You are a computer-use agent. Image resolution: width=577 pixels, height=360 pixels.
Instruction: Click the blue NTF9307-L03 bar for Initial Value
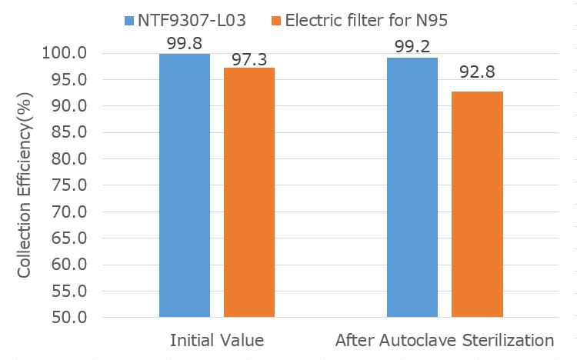(185, 185)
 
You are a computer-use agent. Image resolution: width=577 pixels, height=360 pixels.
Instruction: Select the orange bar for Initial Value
(249, 192)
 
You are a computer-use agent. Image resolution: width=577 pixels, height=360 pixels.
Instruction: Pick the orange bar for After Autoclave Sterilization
(477, 204)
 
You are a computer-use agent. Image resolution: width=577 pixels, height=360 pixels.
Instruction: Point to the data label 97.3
(249, 58)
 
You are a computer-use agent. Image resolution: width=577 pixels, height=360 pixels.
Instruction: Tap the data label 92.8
(477, 75)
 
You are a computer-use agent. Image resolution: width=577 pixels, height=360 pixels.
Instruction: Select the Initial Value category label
(217, 340)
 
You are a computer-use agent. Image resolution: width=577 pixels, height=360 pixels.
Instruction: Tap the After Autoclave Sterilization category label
(445, 340)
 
